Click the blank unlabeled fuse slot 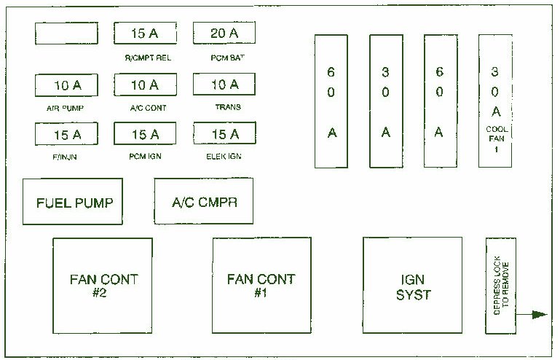66,34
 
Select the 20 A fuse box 224,33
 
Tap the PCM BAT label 227,58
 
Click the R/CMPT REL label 148,58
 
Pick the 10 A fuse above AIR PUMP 66,85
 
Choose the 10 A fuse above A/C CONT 146,85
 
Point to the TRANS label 228,107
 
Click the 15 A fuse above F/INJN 66,134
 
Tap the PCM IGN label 146,156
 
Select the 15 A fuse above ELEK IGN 224,133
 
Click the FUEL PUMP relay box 73,202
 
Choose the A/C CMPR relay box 204,201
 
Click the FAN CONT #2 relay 103,286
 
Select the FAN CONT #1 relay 261,286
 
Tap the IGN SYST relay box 412,285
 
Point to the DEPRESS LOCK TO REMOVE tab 501,286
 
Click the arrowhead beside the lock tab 540,315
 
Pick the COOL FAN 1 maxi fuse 495,101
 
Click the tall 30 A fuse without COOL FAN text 386,101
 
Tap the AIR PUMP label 65,108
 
